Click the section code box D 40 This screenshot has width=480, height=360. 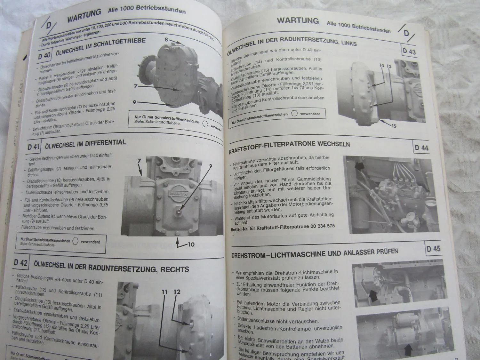pos(44,55)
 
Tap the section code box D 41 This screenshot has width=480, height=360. pos(34,147)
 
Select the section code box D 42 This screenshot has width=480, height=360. pos(21,263)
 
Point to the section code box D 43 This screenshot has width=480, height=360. pos(409,51)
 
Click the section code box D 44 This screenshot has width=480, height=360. pos(421,148)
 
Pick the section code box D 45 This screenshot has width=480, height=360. pos(433,249)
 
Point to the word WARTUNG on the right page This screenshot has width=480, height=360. pos(298,20)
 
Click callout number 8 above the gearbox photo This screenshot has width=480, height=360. pos(166,40)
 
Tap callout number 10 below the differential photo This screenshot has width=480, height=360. pos(191,244)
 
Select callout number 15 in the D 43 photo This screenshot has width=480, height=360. pos(394,126)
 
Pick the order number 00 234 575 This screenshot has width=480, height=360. pos(323,226)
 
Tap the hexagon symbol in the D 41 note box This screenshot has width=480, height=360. pos(75,241)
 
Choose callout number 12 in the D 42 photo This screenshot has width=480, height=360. pos(177,292)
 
